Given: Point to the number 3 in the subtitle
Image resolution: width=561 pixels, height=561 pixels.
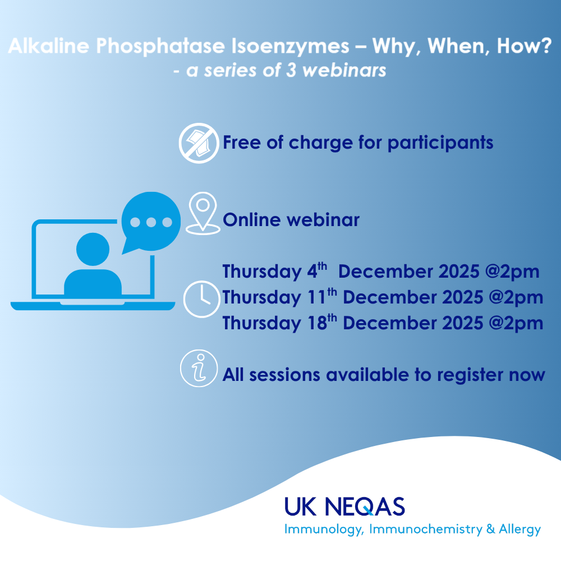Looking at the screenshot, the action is point(291,70).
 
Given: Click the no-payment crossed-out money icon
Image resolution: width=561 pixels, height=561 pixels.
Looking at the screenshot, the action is point(199,143).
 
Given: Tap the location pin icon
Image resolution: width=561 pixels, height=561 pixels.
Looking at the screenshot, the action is point(203,213).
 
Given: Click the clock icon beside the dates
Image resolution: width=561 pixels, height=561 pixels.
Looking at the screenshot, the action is point(201,299).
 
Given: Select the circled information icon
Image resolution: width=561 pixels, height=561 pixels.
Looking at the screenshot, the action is point(199,368).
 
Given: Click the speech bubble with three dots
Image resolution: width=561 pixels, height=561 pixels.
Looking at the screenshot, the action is point(150,222).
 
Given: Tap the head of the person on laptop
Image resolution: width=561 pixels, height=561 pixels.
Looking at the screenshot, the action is point(93,249).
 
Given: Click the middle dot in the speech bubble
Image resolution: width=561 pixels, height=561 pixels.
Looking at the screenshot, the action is point(151,222).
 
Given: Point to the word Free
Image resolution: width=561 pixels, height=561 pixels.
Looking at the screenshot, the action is point(242,142).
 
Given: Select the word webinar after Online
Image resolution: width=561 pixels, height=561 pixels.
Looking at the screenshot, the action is point(326,220).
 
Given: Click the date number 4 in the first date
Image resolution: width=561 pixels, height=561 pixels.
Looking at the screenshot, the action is point(312,272).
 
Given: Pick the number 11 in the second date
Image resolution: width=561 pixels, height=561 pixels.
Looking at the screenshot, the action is point(316,297).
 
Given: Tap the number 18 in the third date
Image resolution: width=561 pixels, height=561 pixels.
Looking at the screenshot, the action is point(318,323).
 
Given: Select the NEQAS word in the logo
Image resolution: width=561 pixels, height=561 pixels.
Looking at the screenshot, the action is point(365,507).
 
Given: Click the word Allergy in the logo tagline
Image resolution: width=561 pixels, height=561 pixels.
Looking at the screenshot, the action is point(520,530).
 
